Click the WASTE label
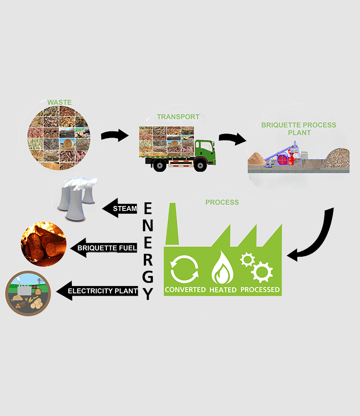(59, 102)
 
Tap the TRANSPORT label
(178, 117)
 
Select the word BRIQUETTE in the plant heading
(280, 125)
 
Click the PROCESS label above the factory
(222, 202)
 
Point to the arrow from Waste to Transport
(115, 135)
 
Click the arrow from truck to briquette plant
(232, 139)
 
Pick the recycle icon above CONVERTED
(185, 270)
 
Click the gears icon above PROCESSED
(257, 267)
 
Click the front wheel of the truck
(200, 166)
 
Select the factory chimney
(173, 224)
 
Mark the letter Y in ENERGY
(147, 293)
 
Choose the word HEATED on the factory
(223, 290)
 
